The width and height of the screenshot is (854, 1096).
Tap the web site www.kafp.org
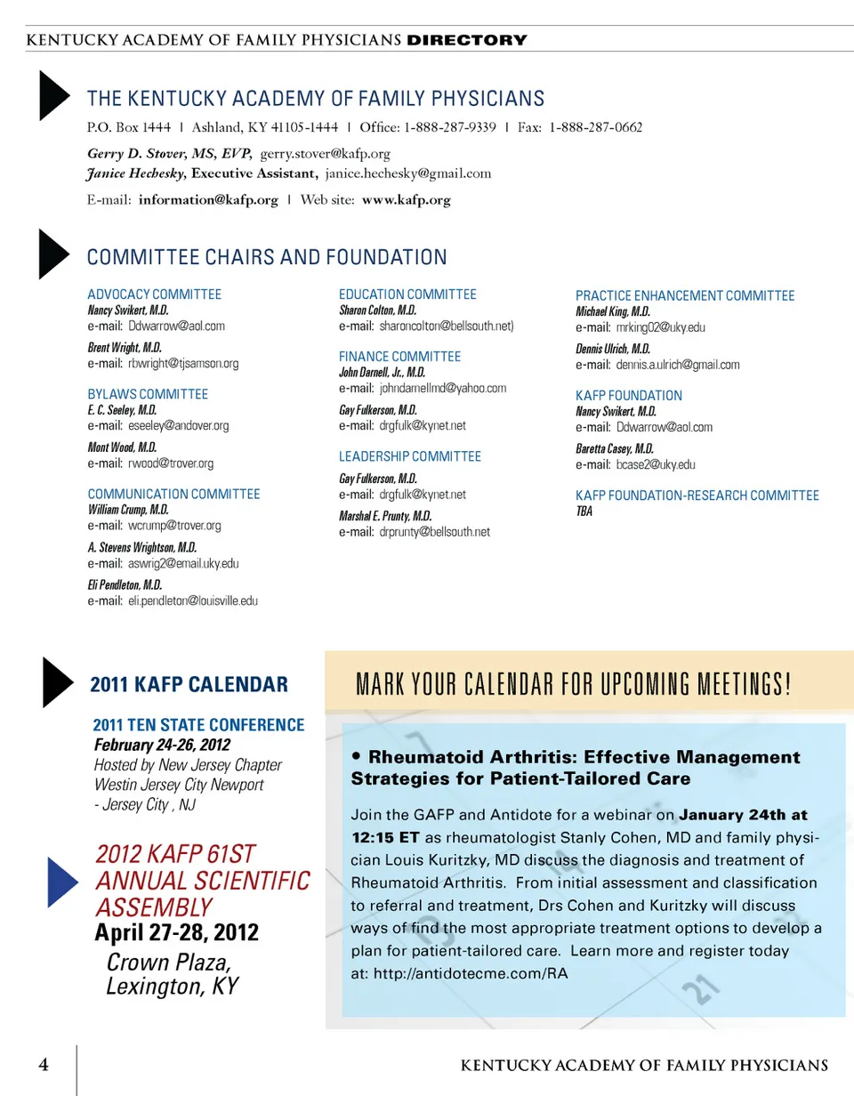point(406,200)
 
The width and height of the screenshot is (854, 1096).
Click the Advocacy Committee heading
point(154,294)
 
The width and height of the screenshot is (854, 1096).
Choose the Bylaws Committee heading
point(148,394)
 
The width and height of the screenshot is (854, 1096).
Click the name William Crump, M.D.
point(128,510)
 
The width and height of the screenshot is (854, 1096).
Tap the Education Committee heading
point(408,294)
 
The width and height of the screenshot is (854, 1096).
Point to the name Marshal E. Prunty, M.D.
point(385,516)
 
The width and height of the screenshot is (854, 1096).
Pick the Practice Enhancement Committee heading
point(685,296)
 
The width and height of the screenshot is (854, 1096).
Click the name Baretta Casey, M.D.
point(615,448)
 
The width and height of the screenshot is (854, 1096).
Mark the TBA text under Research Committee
point(584,512)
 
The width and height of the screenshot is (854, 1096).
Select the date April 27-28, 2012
point(177,932)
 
